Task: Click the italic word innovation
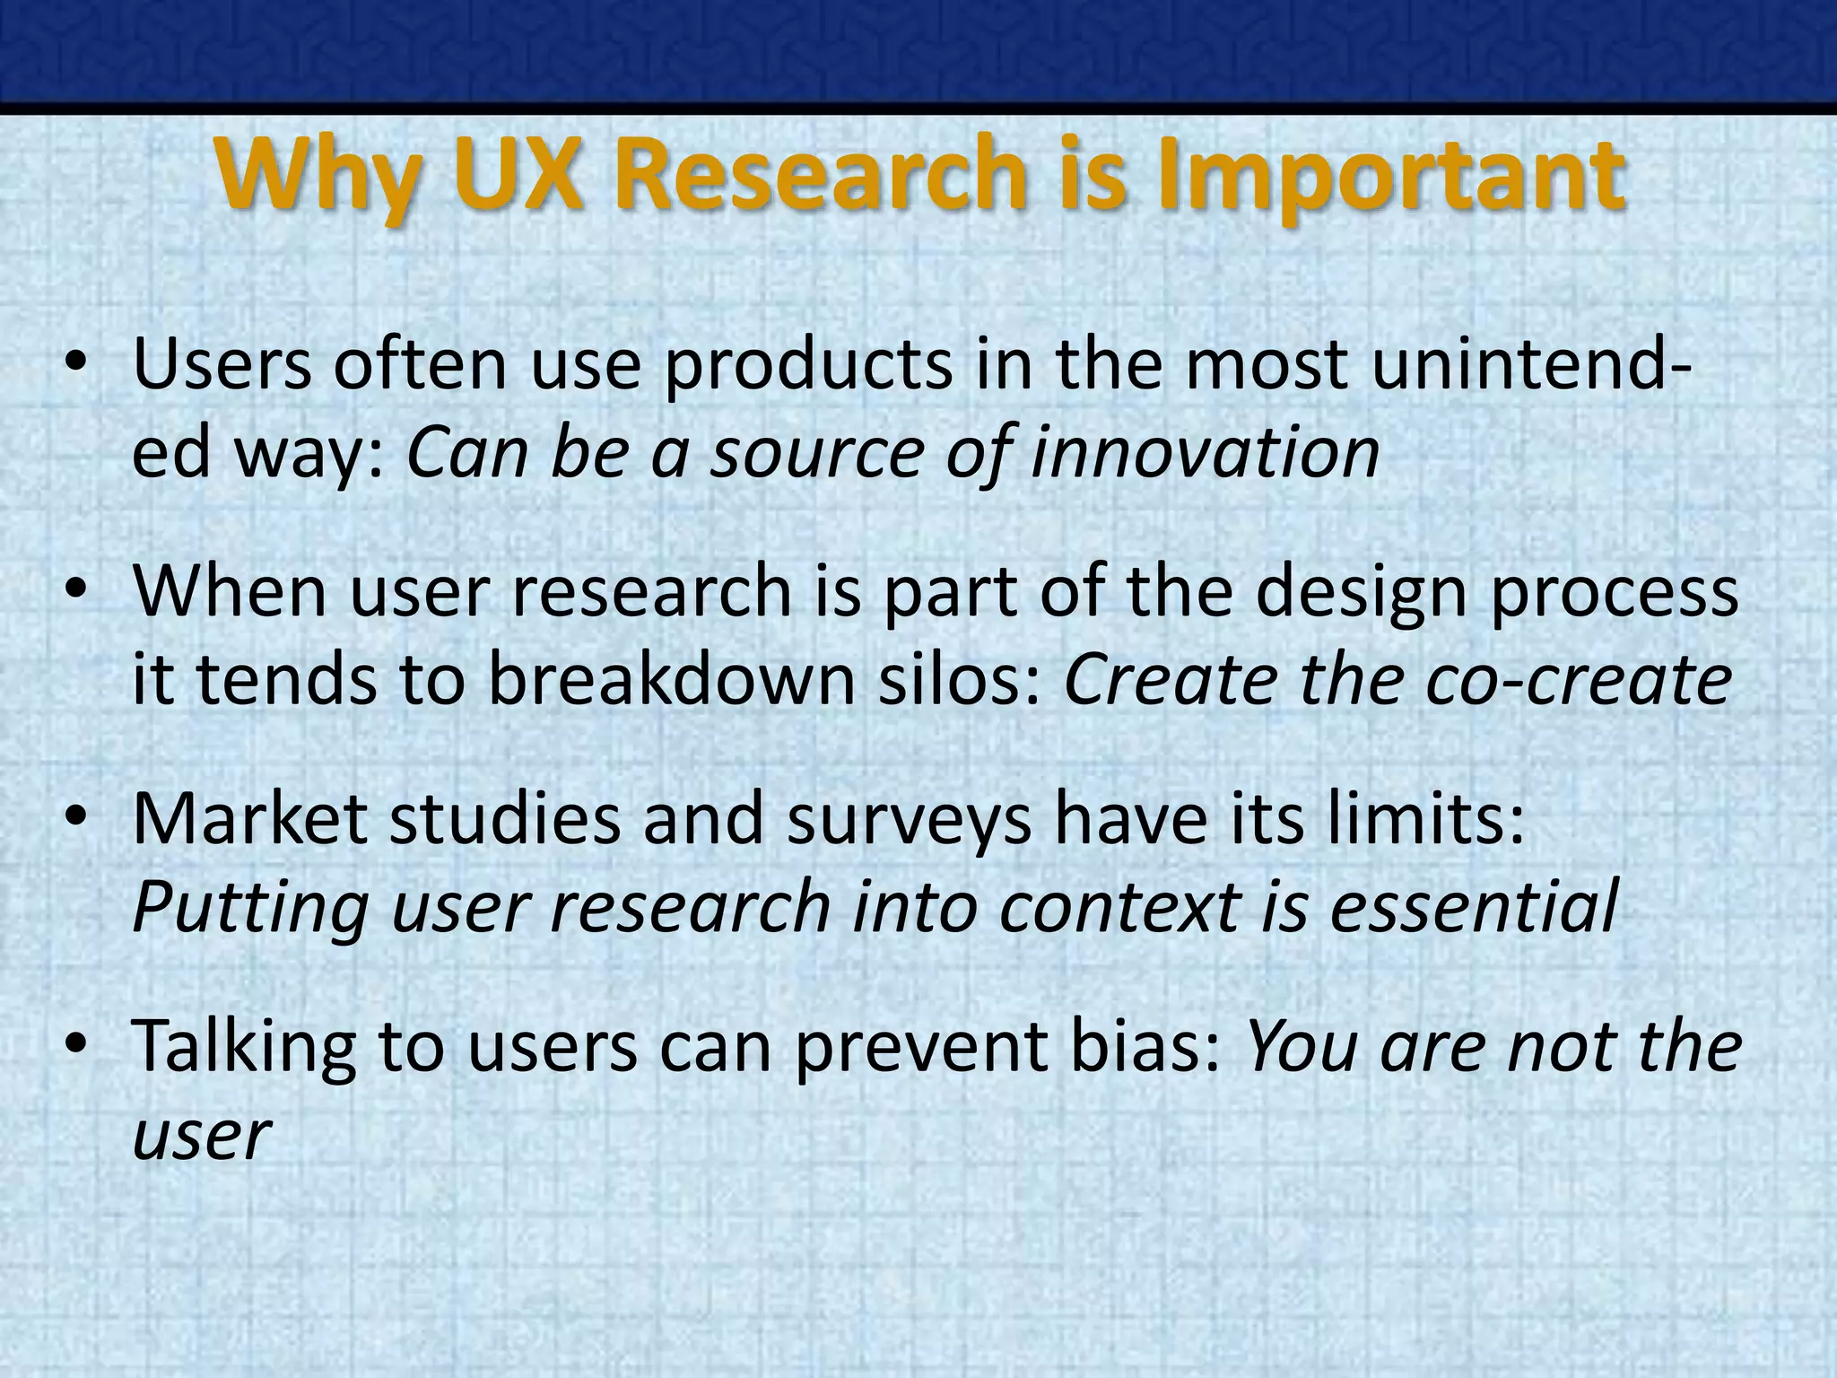[x=1205, y=451]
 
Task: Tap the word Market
[x=250, y=818]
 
